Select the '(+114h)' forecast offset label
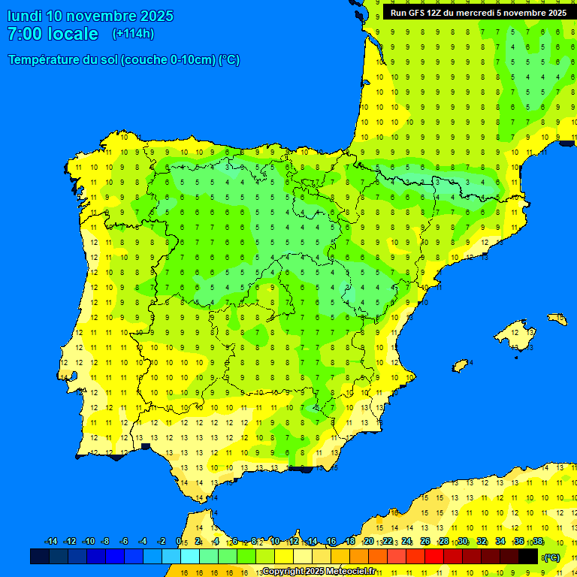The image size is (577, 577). coord(133,34)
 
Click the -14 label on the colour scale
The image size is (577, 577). coord(51,542)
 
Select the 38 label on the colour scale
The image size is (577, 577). coord(537,542)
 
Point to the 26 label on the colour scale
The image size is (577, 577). coord(425,542)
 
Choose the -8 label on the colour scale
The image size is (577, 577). coord(105,542)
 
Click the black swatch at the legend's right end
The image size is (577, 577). coord(528,556)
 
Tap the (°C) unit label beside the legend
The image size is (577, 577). coord(551,557)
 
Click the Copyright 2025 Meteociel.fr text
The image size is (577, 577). coord(319,572)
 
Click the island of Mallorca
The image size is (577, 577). coord(517,329)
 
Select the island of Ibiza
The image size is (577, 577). coord(460,366)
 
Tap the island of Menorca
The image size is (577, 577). coord(557,319)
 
